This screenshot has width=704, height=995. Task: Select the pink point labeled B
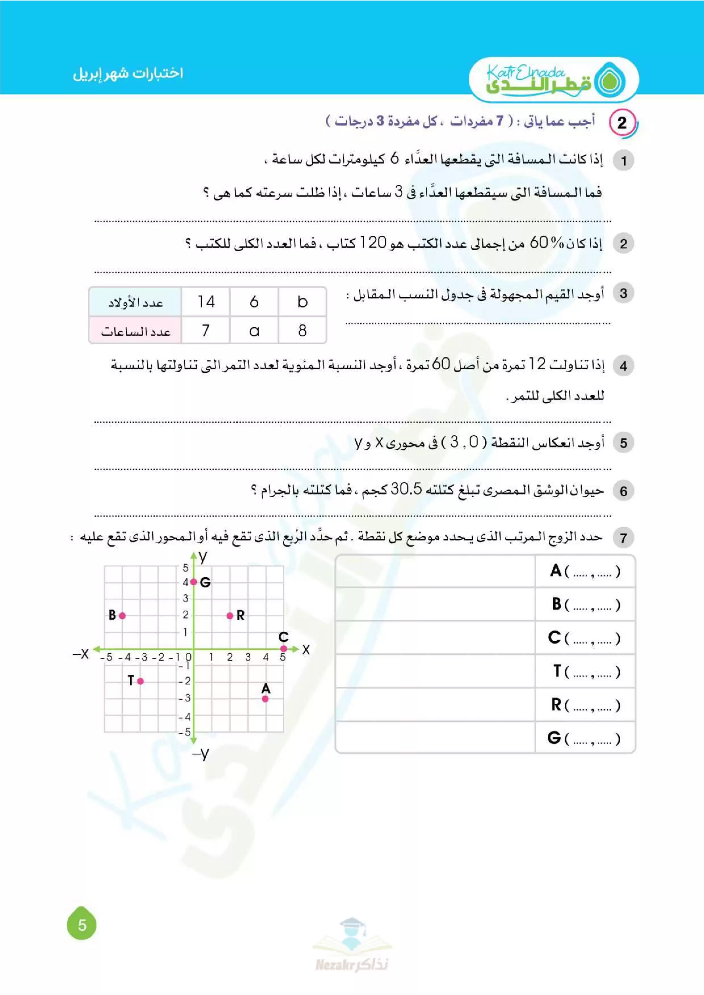pyautogui.click(x=122, y=615)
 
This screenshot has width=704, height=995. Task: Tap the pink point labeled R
pyautogui.click(x=230, y=615)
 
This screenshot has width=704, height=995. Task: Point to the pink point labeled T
pyautogui.click(x=140, y=681)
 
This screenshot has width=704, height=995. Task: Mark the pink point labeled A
pyautogui.click(x=265, y=699)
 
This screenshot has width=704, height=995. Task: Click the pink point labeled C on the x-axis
pyautogui.click(x=283, y=648)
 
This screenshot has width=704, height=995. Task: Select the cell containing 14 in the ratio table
pyautogui.click(x=206, y=302)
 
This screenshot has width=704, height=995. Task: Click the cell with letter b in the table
pyautogui.click(x=302, y=302)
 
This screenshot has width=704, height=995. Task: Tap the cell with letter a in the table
pyautogui.click(x=254, y=331)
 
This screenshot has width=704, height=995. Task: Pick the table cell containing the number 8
pyautogui.click(x=302, y=331)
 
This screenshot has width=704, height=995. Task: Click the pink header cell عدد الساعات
pyautogui.click(x=135, y=331)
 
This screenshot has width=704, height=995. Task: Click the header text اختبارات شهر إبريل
pyautogui.click(x=128, y=73)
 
